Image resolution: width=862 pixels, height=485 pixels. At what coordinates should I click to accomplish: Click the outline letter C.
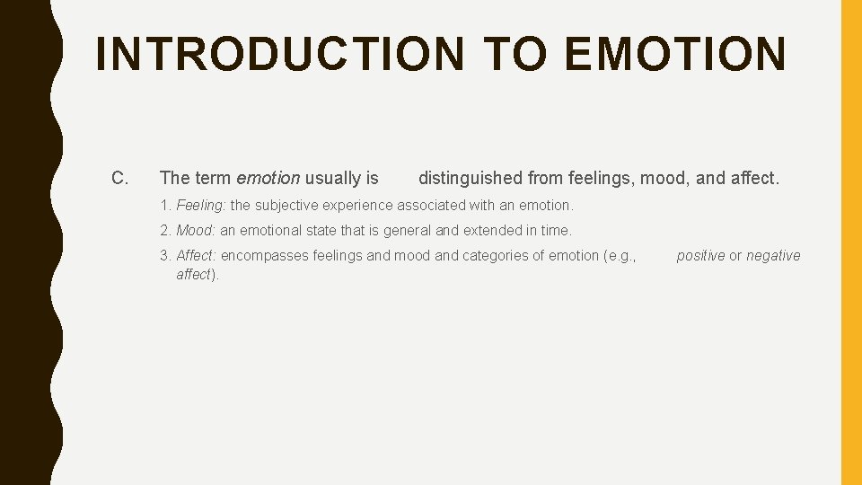tap(119, 178)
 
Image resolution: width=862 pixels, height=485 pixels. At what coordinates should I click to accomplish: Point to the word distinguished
tap(471, 178)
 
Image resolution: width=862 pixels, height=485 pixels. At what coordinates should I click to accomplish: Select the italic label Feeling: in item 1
tap(201, 205)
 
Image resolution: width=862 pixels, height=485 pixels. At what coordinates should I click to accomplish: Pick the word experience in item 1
tap(359, 205)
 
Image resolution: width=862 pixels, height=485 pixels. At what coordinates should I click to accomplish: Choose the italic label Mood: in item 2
tap(196, 230)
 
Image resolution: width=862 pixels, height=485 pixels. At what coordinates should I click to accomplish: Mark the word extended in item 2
tap(491, 230)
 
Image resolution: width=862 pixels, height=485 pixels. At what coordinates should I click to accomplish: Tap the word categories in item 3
tap(492, 256)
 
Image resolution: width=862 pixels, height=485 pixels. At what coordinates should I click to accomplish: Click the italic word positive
tap(700, 256)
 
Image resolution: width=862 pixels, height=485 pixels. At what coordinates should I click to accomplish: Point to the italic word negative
tap(773, 256)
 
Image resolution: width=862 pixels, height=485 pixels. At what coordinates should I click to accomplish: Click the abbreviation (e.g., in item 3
tap(620, 256)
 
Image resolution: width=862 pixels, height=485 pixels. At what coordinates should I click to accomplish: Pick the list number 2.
tap(165, 230)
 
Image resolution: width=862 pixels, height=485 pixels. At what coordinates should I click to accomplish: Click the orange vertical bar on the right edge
tap(850, 242)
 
